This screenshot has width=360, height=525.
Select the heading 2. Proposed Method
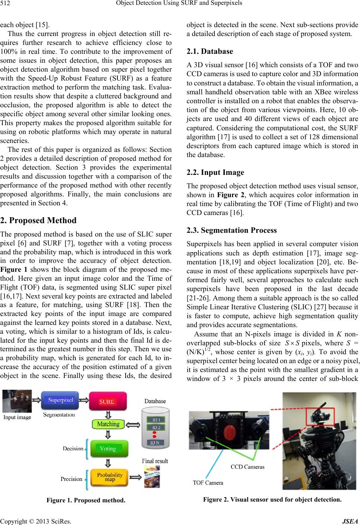tap(38, 220)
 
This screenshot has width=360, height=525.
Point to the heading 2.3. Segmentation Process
tap(231, 230)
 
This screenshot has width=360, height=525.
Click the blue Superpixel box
tap(60, 400)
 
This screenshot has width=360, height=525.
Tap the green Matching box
tap(108, 424)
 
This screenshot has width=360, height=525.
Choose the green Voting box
tap(108, 449)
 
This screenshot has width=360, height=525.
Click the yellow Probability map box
tap(110, 477)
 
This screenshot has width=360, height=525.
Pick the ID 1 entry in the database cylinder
tap(155, 420)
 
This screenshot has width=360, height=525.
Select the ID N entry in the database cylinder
tap(155, 443)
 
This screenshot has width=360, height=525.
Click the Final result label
tap(155, 461)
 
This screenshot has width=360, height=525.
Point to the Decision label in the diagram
tap(73, 449)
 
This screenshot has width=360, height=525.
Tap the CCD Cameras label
tap(248, 467)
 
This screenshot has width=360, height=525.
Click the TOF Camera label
tap(208, 483)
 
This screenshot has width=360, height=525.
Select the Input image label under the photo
tap(17, 417)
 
